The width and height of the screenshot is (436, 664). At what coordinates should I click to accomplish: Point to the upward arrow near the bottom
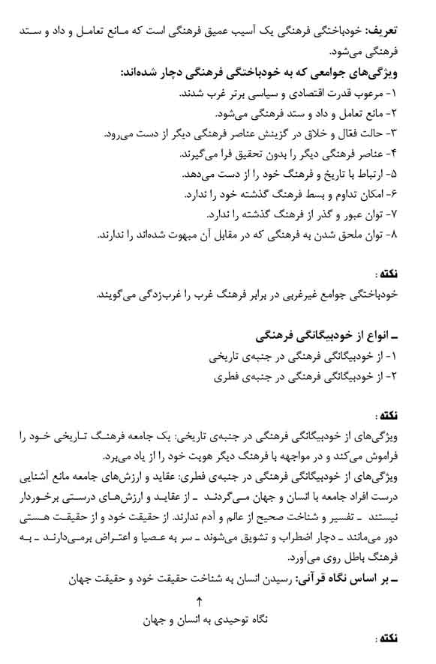pyautogui.click(x=200, y=600)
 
